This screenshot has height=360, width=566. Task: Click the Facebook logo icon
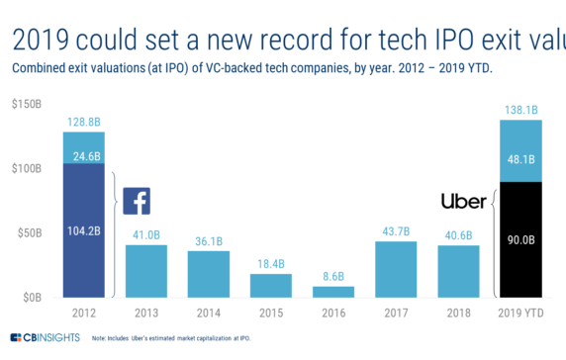[137, 201]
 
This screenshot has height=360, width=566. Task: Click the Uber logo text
[463, 202]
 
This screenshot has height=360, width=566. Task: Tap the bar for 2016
[333, 291]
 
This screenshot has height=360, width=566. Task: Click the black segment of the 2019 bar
[521, 239]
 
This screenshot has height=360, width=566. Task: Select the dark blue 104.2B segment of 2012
[83, 229]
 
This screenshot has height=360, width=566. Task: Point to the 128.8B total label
[83, 121]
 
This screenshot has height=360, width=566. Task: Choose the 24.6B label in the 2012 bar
[83, 148]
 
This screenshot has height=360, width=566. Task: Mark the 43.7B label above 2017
[396, 231]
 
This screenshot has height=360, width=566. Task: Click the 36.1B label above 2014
[209, 240]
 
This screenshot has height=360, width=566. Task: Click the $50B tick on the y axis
[27, 232]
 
